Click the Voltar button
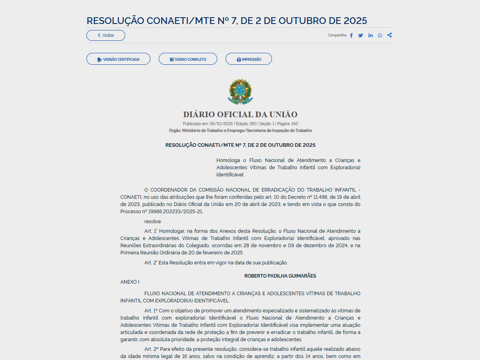[106, 35]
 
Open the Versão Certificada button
[118, 59]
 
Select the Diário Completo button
[188, 59]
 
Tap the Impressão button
[249, 59]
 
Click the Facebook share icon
[351, 35]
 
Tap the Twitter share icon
[361, 35]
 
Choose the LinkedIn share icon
[370, 35]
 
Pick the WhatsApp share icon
[380, 35]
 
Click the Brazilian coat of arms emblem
[240, 91]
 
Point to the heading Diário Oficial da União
[240, 114]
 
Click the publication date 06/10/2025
[221, 124]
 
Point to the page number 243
[294, 124]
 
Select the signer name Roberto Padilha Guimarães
[280, 276]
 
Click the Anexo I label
[130, 282]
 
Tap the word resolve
[153, 221]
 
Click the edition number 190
[253, 124]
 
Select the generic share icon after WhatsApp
[390, 35]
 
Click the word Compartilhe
[337, 35]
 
